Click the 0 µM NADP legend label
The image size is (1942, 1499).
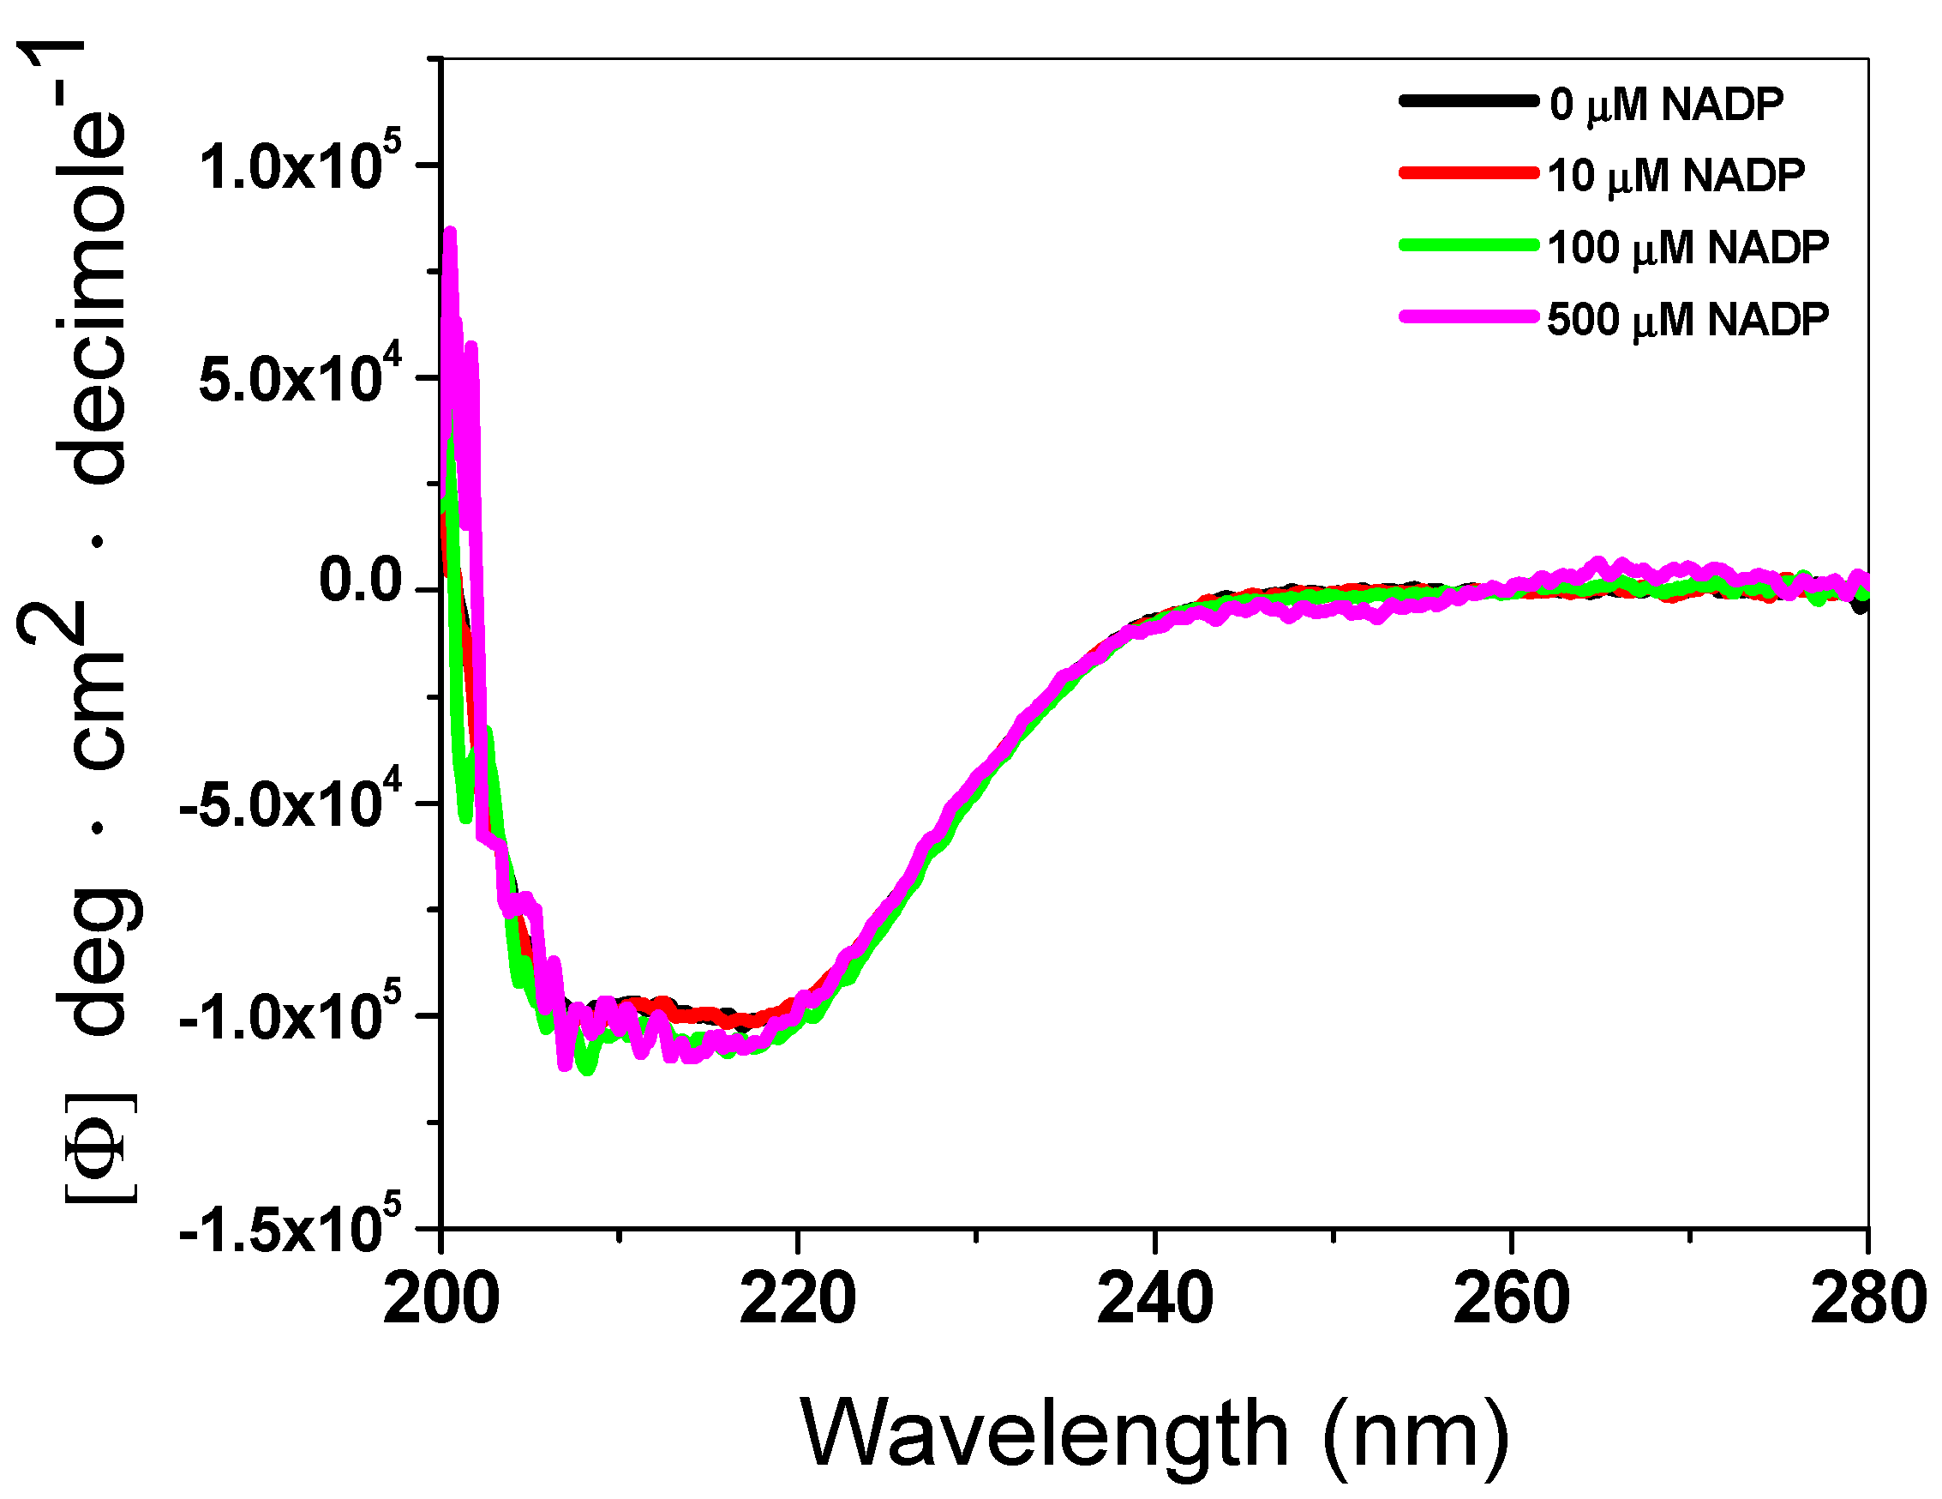pyautogui.click(x=1665, y=105)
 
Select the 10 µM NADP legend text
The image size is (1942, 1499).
pyautogui.click(x=1676, y=175)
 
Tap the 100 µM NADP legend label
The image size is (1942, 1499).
pyautogui.click(x=1687, y=247)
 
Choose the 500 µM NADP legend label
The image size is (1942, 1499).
pyautogui.click(x=1687, y=319)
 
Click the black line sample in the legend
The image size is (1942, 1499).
pyautogui.click(x=1468, y=100)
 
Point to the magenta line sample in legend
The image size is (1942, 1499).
pyautogui.click(x=1468, y=316)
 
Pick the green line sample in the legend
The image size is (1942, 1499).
pyautogui.click(x=1468, y=244)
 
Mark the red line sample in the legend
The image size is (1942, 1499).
pyautogui.click(x=1468, y=172)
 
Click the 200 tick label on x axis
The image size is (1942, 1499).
pyautogui.click(x=441, y=1299)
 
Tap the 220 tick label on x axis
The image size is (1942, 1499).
pyautogui.click(x=798, y=1299)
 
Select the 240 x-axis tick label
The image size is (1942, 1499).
pyautogui.click(x=1154, y=1299)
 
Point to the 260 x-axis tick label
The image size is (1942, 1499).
pyautogui.click(x=1511, y=1299)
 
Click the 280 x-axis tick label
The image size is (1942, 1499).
pyautogui.click(x=1867, y=1299)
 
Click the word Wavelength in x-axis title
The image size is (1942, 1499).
pyautogui.click(x=1044, y=1433)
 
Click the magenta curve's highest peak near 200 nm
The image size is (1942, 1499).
pyautogui.click(x=450, y=233)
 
